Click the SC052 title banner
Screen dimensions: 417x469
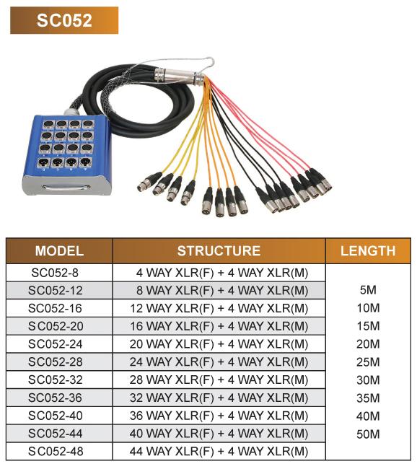(x=64, y=20)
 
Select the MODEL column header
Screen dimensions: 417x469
(x=59, y=250)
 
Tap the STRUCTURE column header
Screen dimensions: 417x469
(x=219, y=250)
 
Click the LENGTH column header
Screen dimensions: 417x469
(x=368, y=250)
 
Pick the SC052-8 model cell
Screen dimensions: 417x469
(x=55, y=273)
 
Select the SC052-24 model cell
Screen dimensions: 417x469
(x=56, y=344)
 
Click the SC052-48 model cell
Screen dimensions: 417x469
(x=56, y=452)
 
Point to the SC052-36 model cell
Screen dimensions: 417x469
(x=56, y=398)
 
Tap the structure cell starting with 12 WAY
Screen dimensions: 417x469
(x=219, y=308)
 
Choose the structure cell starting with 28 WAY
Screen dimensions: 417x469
(x=219, y=380)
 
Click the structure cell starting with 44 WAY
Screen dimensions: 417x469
(x=219, y=452)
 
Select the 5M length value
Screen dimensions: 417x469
(x=368, y=290)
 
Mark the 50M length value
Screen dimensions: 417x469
(x=368, y=434)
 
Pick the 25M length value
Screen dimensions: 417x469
(x=368, y=362)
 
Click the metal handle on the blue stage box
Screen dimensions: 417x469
(x=66, y=188)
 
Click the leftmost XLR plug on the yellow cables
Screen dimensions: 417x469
(x=149, y=182)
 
